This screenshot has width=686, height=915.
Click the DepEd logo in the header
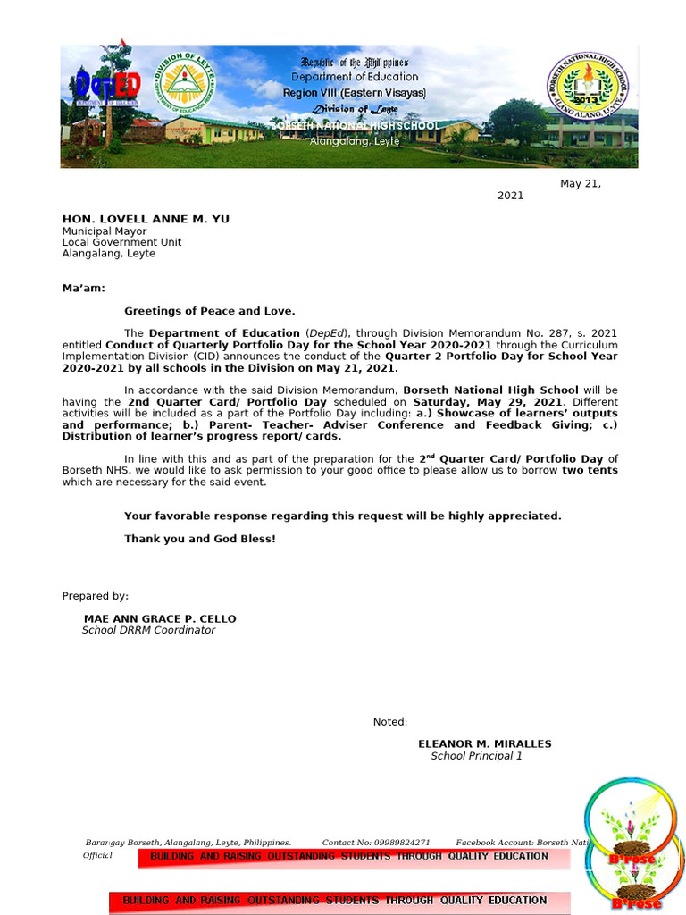105,87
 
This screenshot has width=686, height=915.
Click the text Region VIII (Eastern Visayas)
355,93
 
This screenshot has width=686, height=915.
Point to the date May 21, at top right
581,184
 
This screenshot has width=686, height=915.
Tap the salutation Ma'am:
83,288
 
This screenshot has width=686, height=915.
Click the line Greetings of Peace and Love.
210,311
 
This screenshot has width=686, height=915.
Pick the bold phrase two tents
590,471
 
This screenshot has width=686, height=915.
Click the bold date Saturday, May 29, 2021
488,402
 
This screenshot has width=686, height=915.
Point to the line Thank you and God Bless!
200,539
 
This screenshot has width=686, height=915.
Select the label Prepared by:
95,596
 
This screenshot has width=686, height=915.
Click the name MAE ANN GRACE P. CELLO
160,618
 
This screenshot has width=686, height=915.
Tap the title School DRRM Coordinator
148,630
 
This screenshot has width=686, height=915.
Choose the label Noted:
390,722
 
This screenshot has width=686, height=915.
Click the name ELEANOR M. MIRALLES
484,743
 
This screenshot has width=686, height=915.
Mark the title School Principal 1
476,756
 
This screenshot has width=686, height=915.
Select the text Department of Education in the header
355,77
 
